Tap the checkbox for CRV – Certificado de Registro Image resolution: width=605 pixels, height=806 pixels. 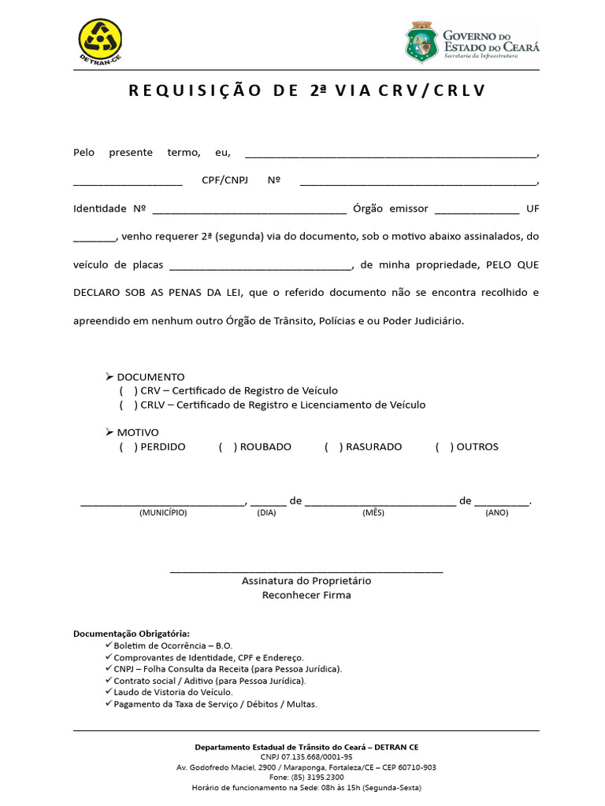[x=128, y=390]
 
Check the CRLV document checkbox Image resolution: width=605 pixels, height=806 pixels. [x=128, y=405]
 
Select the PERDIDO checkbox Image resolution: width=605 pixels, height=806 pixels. [x=128, y=446]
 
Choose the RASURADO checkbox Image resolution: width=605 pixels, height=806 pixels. [x=333, y=446]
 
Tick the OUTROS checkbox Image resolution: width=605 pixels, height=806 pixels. [x=444, y=446]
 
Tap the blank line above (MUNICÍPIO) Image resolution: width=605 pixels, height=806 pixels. [x=163, y=503]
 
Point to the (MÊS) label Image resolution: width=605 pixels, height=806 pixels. [x=373, y=512]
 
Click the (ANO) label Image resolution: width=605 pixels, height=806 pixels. [x=497, y=512]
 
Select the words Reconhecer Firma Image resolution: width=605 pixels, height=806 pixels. [x=306, y=595]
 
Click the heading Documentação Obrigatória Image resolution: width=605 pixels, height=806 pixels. [x=132, y=634]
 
